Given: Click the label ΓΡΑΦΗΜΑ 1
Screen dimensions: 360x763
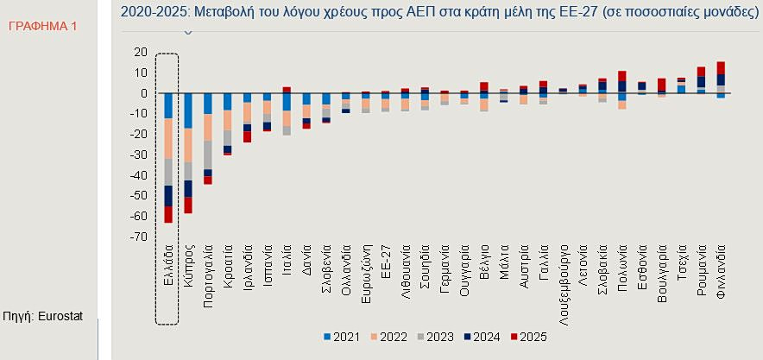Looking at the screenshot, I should tap(42, 27).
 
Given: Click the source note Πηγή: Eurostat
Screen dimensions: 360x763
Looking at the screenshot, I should tap(43, 317).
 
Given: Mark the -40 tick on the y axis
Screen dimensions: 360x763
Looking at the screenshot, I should tap(138, 175).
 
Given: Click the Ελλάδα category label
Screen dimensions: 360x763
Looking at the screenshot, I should tap(169, 272).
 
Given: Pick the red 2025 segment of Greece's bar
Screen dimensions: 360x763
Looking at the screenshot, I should tap(168, 214).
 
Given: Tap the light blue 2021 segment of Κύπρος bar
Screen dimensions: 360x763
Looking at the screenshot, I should tap(188, 110).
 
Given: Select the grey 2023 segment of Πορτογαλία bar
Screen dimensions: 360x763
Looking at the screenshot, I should tap(208, 155).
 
